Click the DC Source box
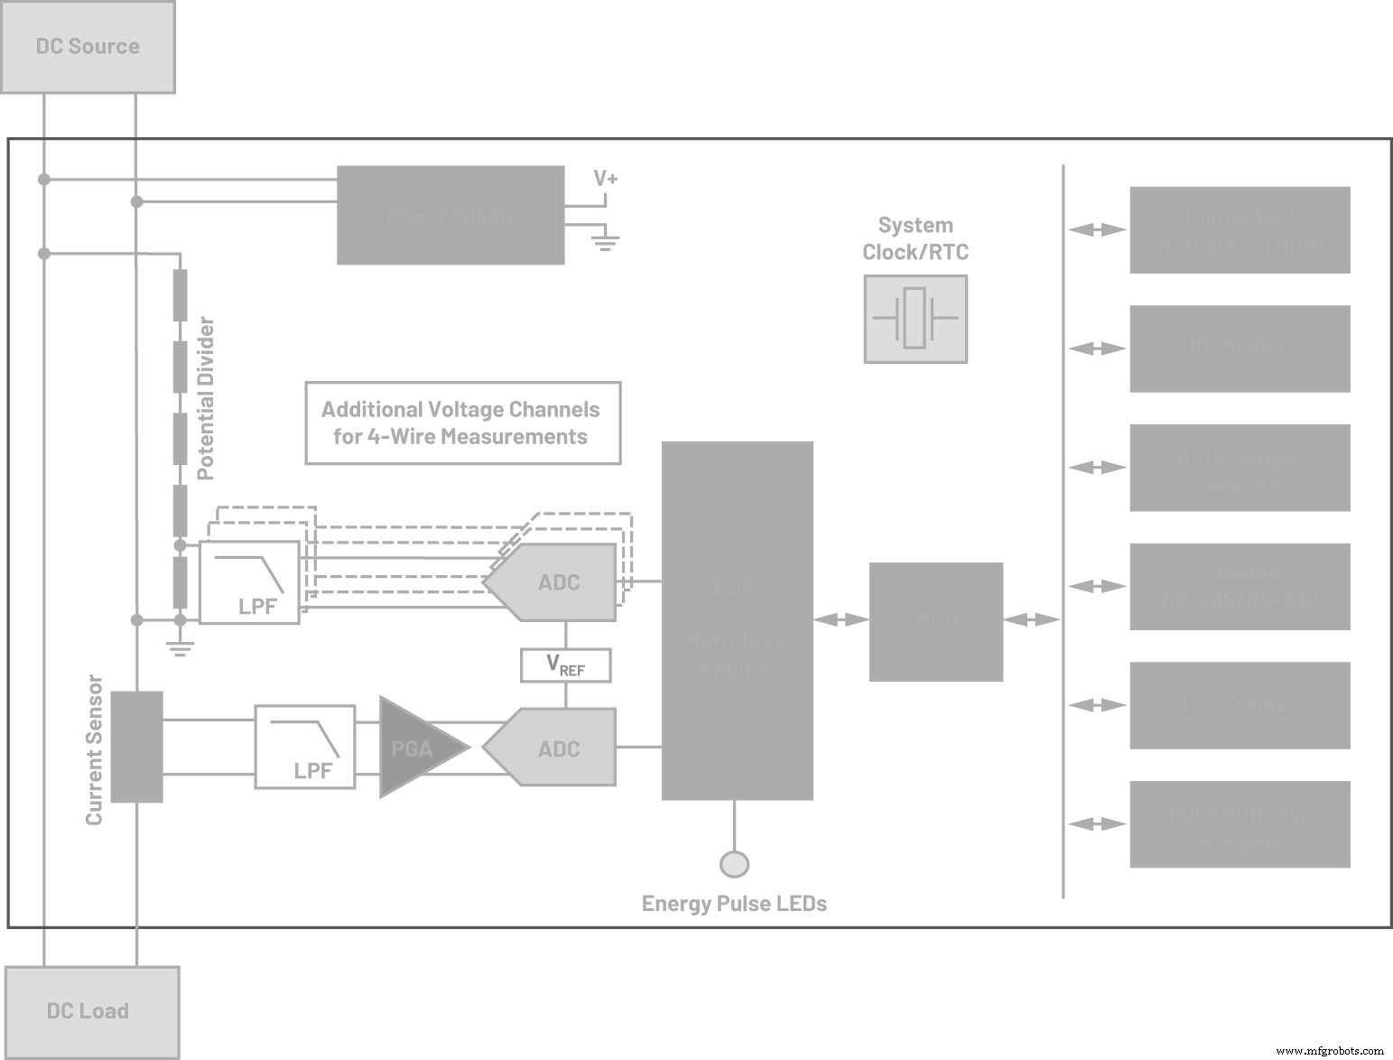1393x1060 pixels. (x=88, y=47)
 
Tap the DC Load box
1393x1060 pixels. (x=91, y=1011)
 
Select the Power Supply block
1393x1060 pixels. (x=450, y=215)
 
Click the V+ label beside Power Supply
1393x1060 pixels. (x=606, y=179)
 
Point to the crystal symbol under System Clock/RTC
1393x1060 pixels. (x=915, y=319)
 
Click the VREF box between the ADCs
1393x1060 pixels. (x=565, y=665)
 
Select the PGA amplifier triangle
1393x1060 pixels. (x=417, y=748)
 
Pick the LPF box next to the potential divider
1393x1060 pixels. (x=249, y=582)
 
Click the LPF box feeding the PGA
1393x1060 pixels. (x=304, y=748)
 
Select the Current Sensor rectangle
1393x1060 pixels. (x=136, y=747)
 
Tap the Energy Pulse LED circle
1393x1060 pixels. (x=734, y=864)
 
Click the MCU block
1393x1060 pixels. (x=935, y=621)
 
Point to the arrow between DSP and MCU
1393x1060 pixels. (x=840, y=619)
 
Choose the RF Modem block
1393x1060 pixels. (x=1240, y=349)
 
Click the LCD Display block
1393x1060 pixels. (x=1240, y=705)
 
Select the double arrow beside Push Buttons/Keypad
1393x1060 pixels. (x=1097, y=824)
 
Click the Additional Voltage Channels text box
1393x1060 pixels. (x=462, y=423)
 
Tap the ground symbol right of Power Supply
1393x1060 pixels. (x=606, y=240)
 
